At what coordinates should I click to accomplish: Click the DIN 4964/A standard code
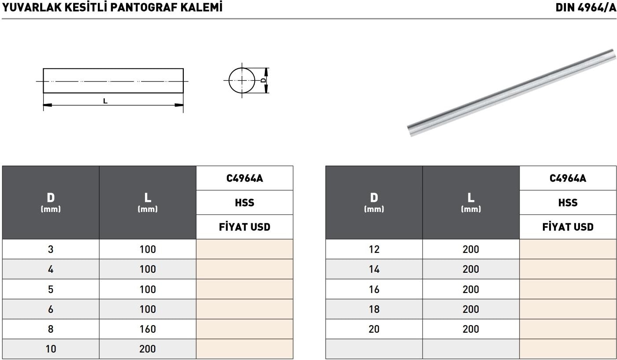(x=585, y=7)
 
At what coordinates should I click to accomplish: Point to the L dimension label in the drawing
(x=105, y=101)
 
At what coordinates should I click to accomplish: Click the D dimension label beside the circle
(x=264, y=80)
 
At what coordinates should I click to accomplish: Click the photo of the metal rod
(x=512, y=92)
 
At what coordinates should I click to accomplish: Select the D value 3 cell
(x=51, y=249)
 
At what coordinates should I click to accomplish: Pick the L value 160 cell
(x=148, y=329)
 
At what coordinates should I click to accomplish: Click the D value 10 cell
(x=51, y=349)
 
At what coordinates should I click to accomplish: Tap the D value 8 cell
(x=51, y=329)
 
